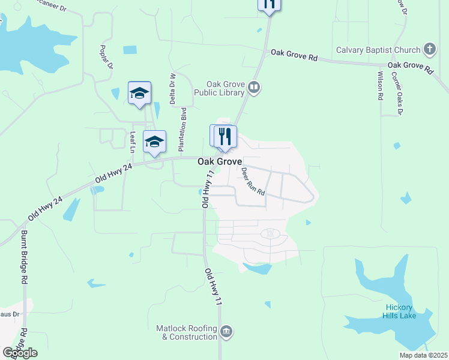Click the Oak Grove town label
(x=220, y=162)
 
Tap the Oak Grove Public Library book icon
(x=254, y=89)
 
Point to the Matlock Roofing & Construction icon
(x=226, y=331)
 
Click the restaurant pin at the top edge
(x=269, y=4)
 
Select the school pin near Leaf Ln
(x=139, y=93)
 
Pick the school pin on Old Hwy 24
(x=154, y=142)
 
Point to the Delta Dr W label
(x=173, y=88)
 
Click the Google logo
(x=20, y=353)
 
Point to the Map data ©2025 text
(x=423, y=355)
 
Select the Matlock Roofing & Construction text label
(x=187, y=332)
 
